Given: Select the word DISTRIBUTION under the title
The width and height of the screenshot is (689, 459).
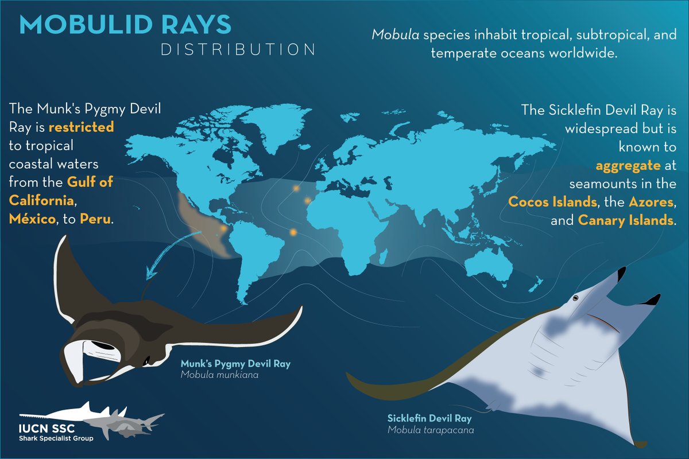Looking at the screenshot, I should coord(238,49).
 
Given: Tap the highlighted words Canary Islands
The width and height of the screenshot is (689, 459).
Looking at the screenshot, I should coord(624,221).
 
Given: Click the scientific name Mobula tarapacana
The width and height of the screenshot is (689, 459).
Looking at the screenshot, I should coord(427,429).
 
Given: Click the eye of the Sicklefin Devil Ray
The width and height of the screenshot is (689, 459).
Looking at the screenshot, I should coord(577,298).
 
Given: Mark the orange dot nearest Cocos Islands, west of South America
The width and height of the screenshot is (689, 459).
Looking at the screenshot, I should coord(223,228).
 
